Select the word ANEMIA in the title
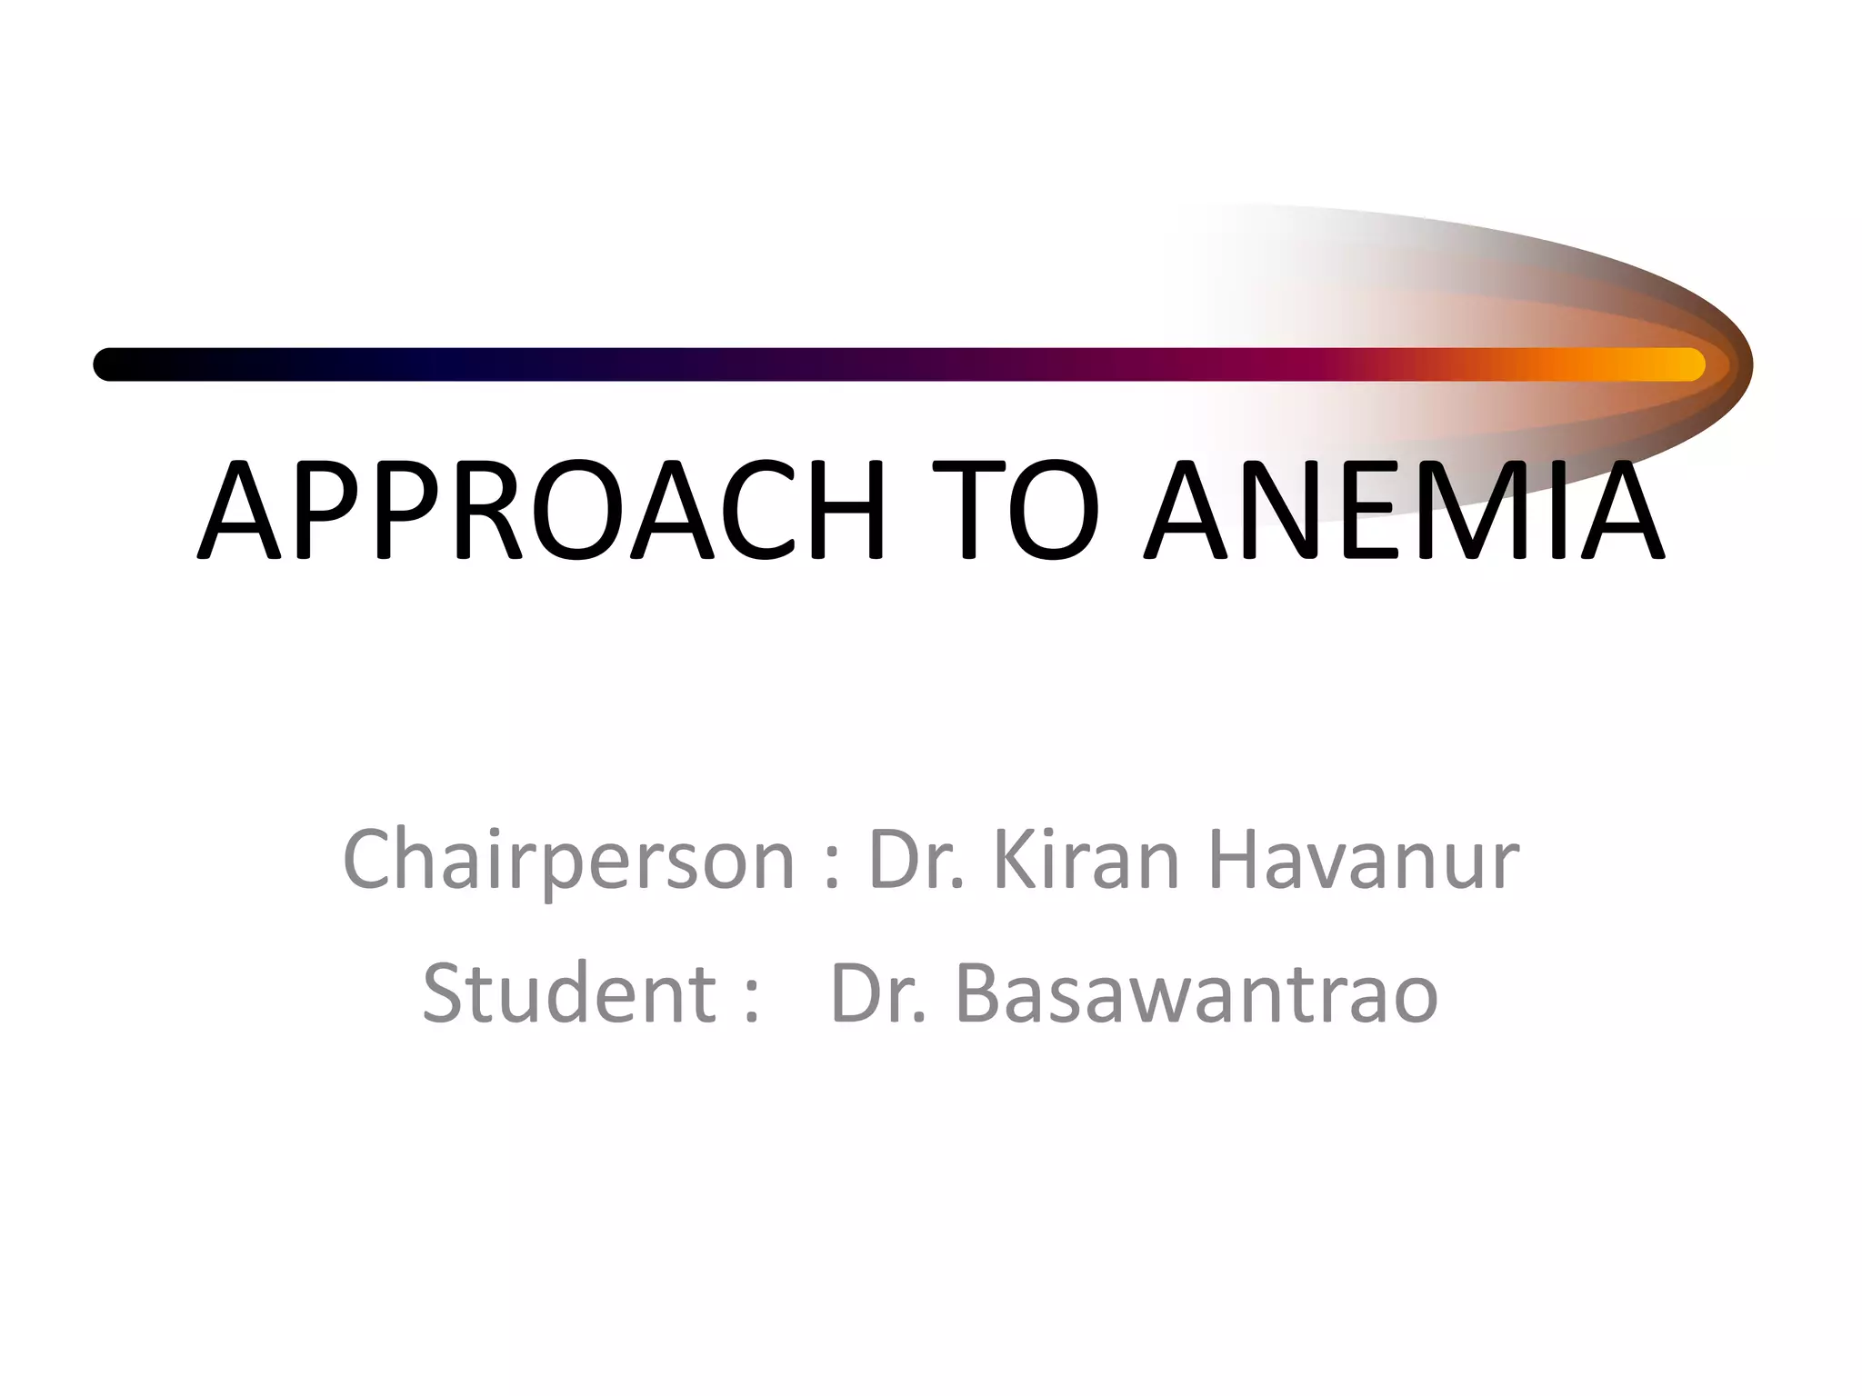1404,510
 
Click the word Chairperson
569,862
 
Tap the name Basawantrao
1196,992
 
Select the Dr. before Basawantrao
877,992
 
